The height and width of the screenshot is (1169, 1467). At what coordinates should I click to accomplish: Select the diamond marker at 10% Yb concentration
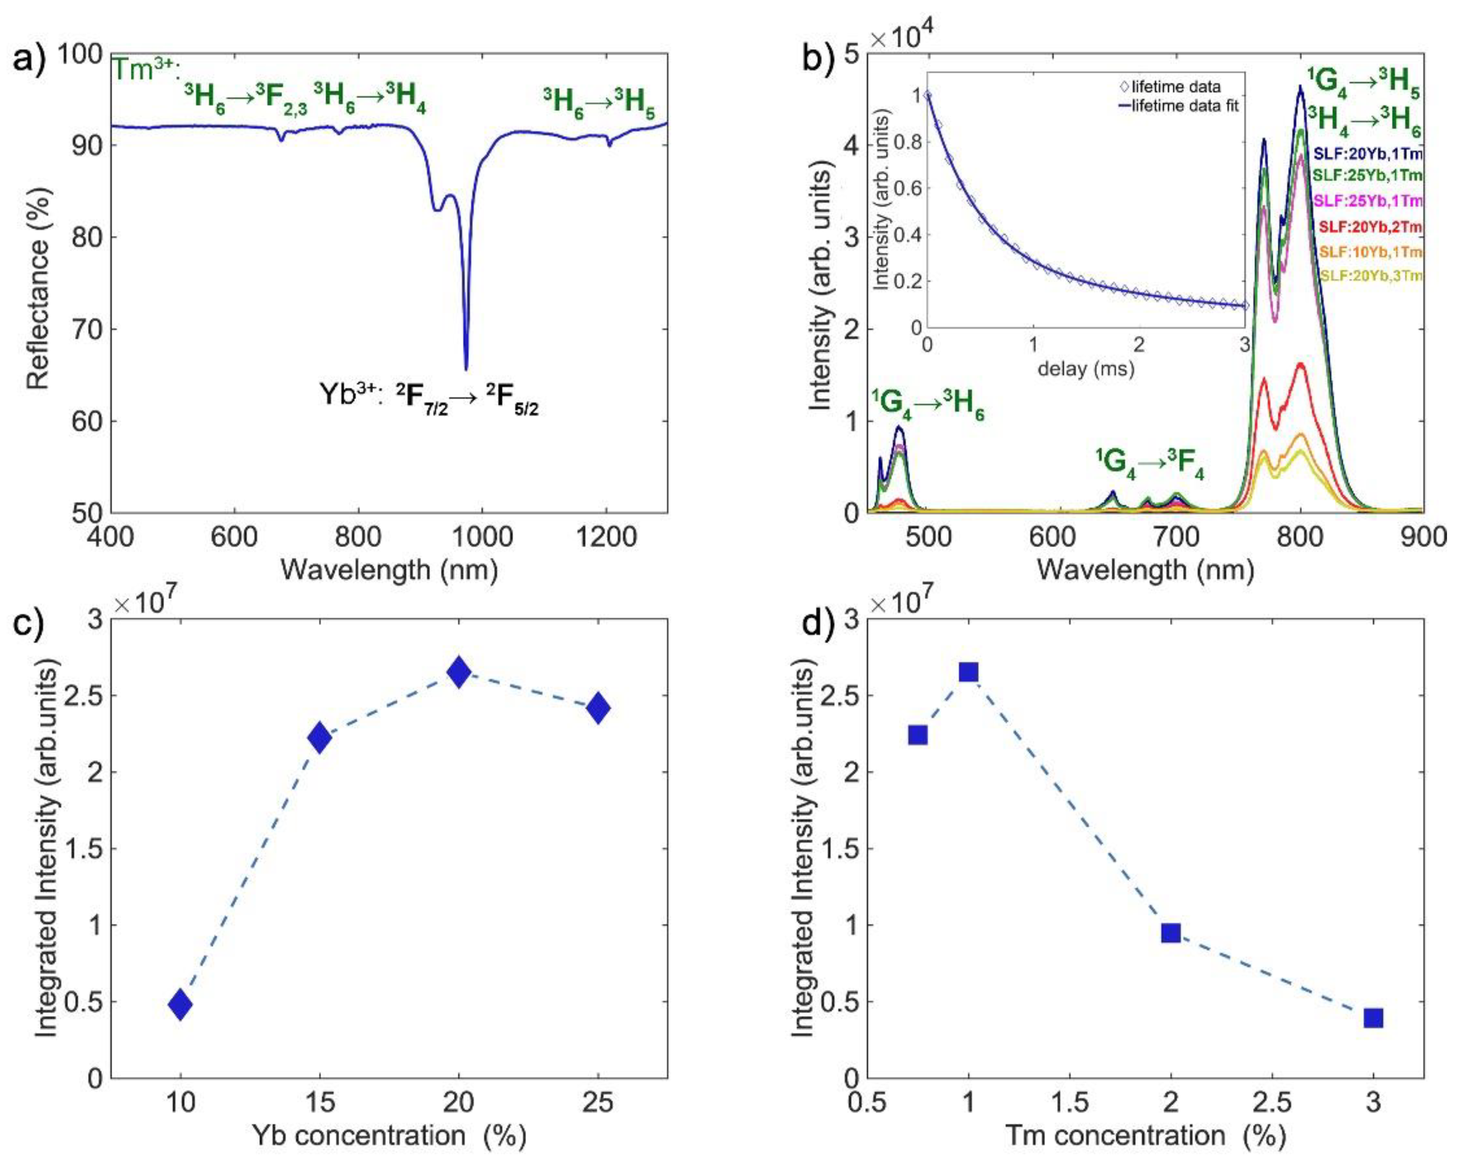coord(180,1004)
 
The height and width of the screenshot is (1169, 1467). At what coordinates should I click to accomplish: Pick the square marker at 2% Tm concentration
coord(1170,933)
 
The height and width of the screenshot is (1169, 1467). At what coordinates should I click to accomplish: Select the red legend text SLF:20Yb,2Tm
coord(1369,226)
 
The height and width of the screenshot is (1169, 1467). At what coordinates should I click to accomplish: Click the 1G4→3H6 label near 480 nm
coord(929,406)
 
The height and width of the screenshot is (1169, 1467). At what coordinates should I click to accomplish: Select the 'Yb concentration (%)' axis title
coord(389,1135)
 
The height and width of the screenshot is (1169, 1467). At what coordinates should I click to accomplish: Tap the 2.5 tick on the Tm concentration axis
coord(1271,1101)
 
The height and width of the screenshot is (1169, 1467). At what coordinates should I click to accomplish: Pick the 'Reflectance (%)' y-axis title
coord(39,283)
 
